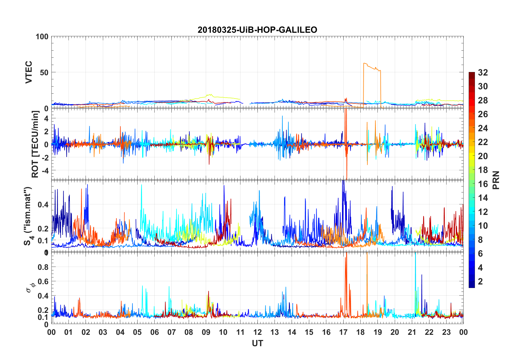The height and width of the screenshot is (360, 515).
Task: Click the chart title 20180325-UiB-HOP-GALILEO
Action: click(x=257, y=30)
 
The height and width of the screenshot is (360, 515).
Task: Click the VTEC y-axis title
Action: click(x=29, y=72)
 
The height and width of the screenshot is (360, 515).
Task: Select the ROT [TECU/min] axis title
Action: click(x=35, y=144)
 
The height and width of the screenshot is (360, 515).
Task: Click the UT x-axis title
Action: click(x=257, y=343)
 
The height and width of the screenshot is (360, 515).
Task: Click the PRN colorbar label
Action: click(x=496, y=180)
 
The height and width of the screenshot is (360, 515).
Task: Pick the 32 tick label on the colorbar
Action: click(x=483, y=73)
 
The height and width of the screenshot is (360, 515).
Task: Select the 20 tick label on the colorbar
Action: click(x=483, y=156)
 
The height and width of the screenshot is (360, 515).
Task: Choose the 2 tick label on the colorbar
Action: click(x=480, y=282)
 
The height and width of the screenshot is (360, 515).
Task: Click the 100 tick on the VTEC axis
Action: click(x=42, y=37)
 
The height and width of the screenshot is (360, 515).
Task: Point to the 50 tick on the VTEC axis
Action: click(x=44, y=72)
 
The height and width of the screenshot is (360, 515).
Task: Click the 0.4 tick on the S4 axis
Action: click(x=43, y=204)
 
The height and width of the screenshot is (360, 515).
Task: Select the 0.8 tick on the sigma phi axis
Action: click(x=43, y=267)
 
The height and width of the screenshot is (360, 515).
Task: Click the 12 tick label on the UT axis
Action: click(x=257, y=332)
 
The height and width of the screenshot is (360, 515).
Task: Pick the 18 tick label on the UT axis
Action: click(x=360, y=332)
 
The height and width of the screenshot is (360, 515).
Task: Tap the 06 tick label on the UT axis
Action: click(x=154, y=332)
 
